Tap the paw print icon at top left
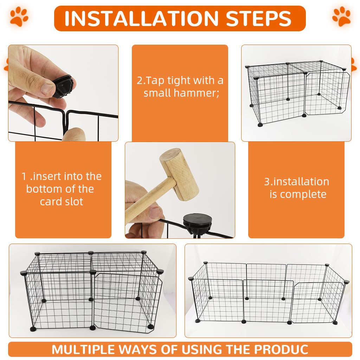click(19, 16)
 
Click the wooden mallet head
click(179, 174)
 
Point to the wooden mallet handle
click(148, 200)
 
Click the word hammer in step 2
click(201, 93)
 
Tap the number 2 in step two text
click(140, 81)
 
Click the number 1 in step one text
click(24, 176)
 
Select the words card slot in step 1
click(62, 202)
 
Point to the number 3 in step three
click(266, 182)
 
